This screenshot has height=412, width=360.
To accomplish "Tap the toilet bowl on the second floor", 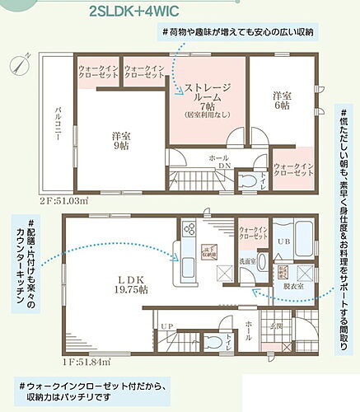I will click(247, 180).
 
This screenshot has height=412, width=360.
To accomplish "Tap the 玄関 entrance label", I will click(277, 326).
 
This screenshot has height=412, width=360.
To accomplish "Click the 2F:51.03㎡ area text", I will click(40, 200).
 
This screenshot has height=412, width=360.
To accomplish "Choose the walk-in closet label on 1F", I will click(252, 233).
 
